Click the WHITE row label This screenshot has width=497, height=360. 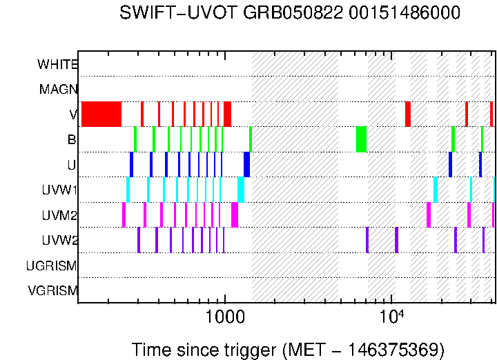pyautogui.click(x=57, y=65)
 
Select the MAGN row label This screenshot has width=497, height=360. pyautogui.click(x=58, y=90)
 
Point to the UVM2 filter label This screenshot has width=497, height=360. pyautogui.click(x=57, y=215)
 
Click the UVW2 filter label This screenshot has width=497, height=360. pyautogui.click(x=57, y=241)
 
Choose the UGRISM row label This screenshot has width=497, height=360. pyautogui.click(x=51, y=266)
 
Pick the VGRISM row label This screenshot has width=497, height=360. pyautogui.click(x=52, y=290)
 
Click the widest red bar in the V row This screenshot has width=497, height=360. pyautogui.click(x=101, y=114)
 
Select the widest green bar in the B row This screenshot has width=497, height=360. pyautogui.click(x=361, y=139)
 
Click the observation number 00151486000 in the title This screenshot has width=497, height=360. pyautogui.click(x=402, y=14)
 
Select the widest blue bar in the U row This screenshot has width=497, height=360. pyautogui.click(x=246, y=164)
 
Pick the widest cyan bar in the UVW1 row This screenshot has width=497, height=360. pyautogui.click(x=241, y=190)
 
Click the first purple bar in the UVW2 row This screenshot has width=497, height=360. pyautogui.click(x=139, y=239)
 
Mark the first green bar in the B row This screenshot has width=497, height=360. pyautogui.click(x=135, y=139)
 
